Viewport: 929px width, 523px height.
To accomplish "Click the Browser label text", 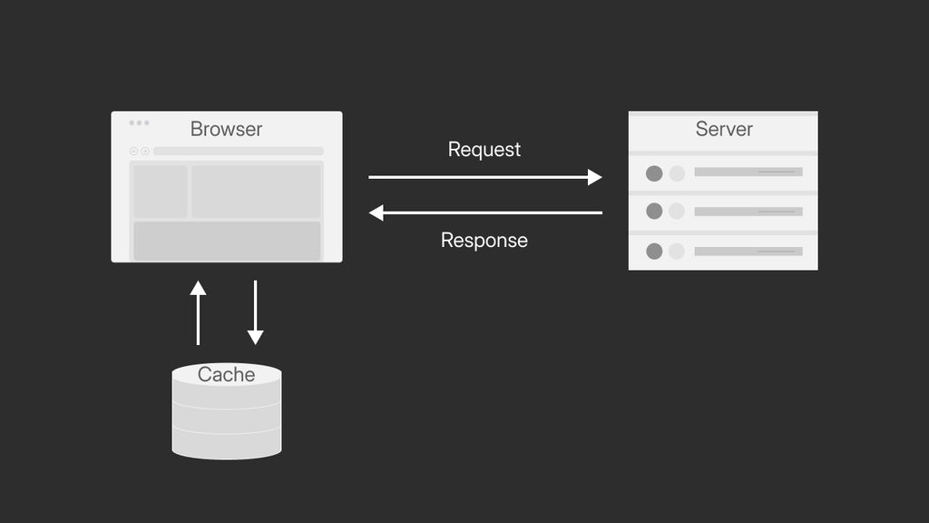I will pos(226,129).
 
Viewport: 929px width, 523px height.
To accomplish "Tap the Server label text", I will pos(724,129).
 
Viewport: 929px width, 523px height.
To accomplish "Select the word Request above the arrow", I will pos(484,149).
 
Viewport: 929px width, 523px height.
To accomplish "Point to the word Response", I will pos(484,241).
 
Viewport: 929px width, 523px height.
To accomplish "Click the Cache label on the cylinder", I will pos(226,374).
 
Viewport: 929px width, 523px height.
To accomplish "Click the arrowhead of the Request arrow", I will pos(595,177).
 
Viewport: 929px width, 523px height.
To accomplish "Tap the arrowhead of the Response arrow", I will pos(376,212).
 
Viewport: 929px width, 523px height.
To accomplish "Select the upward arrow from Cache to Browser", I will pos(198,312).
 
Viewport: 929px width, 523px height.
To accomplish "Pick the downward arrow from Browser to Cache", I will pos(255,312).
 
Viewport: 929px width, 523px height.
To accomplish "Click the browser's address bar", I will pos(238,152).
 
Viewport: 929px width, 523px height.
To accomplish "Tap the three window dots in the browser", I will pos(139,123).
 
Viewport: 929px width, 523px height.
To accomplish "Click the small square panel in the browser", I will pos(161,191).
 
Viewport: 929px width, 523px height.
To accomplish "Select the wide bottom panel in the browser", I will pos(227,241).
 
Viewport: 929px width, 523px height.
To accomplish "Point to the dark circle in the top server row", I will pos(654,173).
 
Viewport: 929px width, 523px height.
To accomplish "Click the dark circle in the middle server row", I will pos(654,211).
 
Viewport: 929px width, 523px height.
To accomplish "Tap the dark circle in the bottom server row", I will pos(654,251).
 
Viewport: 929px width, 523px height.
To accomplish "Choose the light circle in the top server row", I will pos(677,173).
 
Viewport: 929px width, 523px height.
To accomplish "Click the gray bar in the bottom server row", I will pos(748,251).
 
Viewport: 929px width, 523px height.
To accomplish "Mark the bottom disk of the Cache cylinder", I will pos(227,444).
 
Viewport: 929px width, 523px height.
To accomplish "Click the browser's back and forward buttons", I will pos(139,152).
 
